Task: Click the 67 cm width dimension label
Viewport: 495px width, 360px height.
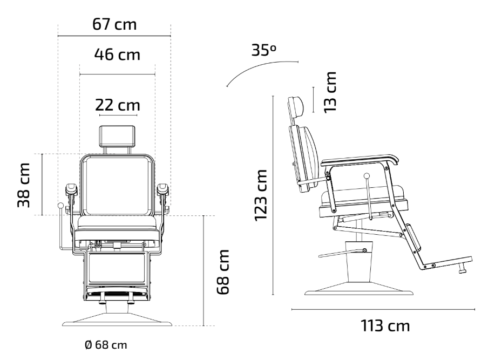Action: (x=114, y=24)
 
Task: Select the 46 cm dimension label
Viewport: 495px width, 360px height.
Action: (x=117, y=55)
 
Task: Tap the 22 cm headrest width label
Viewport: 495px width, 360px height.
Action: (x=118, y=105)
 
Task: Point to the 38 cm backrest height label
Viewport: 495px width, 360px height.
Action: (x=24, y=185)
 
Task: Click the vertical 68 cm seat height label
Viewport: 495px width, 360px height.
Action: (x=223, y=272)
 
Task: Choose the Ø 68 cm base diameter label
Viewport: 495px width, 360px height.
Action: (x=106, y=345)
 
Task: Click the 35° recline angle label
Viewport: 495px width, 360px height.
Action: (x=263, y=50)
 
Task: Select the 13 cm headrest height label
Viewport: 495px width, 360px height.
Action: (x=330, y=92)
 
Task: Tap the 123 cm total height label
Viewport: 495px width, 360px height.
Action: (x=261, y=195)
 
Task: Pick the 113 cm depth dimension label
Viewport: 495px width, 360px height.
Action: (x=385, y=325)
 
